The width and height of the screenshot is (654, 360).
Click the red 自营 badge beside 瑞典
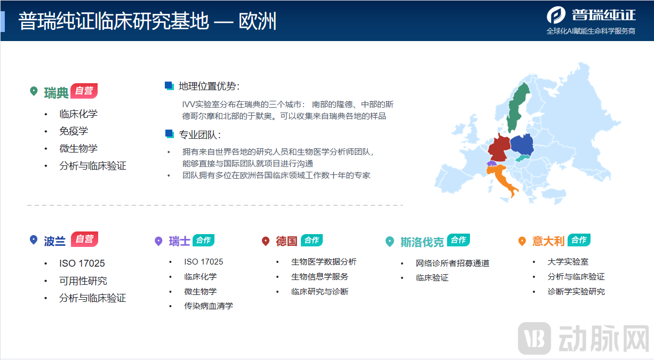pos(84,91)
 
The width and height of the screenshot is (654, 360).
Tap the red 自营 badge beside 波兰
pos(84,239)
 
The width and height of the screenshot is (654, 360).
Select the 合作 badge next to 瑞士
pos(203,240)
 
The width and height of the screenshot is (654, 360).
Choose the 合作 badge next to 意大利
pos(579,240)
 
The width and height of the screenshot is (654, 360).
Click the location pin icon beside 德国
pos(266,241)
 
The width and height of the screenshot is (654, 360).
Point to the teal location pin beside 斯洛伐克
pos(390,242)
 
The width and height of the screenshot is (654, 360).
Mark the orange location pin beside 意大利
pos(522,241)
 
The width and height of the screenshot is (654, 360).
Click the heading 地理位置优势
pos(209,86)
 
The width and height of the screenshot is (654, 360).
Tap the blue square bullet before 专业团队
pos(170,134)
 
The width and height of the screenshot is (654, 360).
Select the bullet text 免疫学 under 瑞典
pos(74,131)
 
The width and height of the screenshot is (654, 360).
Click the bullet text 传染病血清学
pos(209,306)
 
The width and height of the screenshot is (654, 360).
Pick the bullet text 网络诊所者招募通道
pos(452,263)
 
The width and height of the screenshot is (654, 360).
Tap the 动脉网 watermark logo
pos(584,338)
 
